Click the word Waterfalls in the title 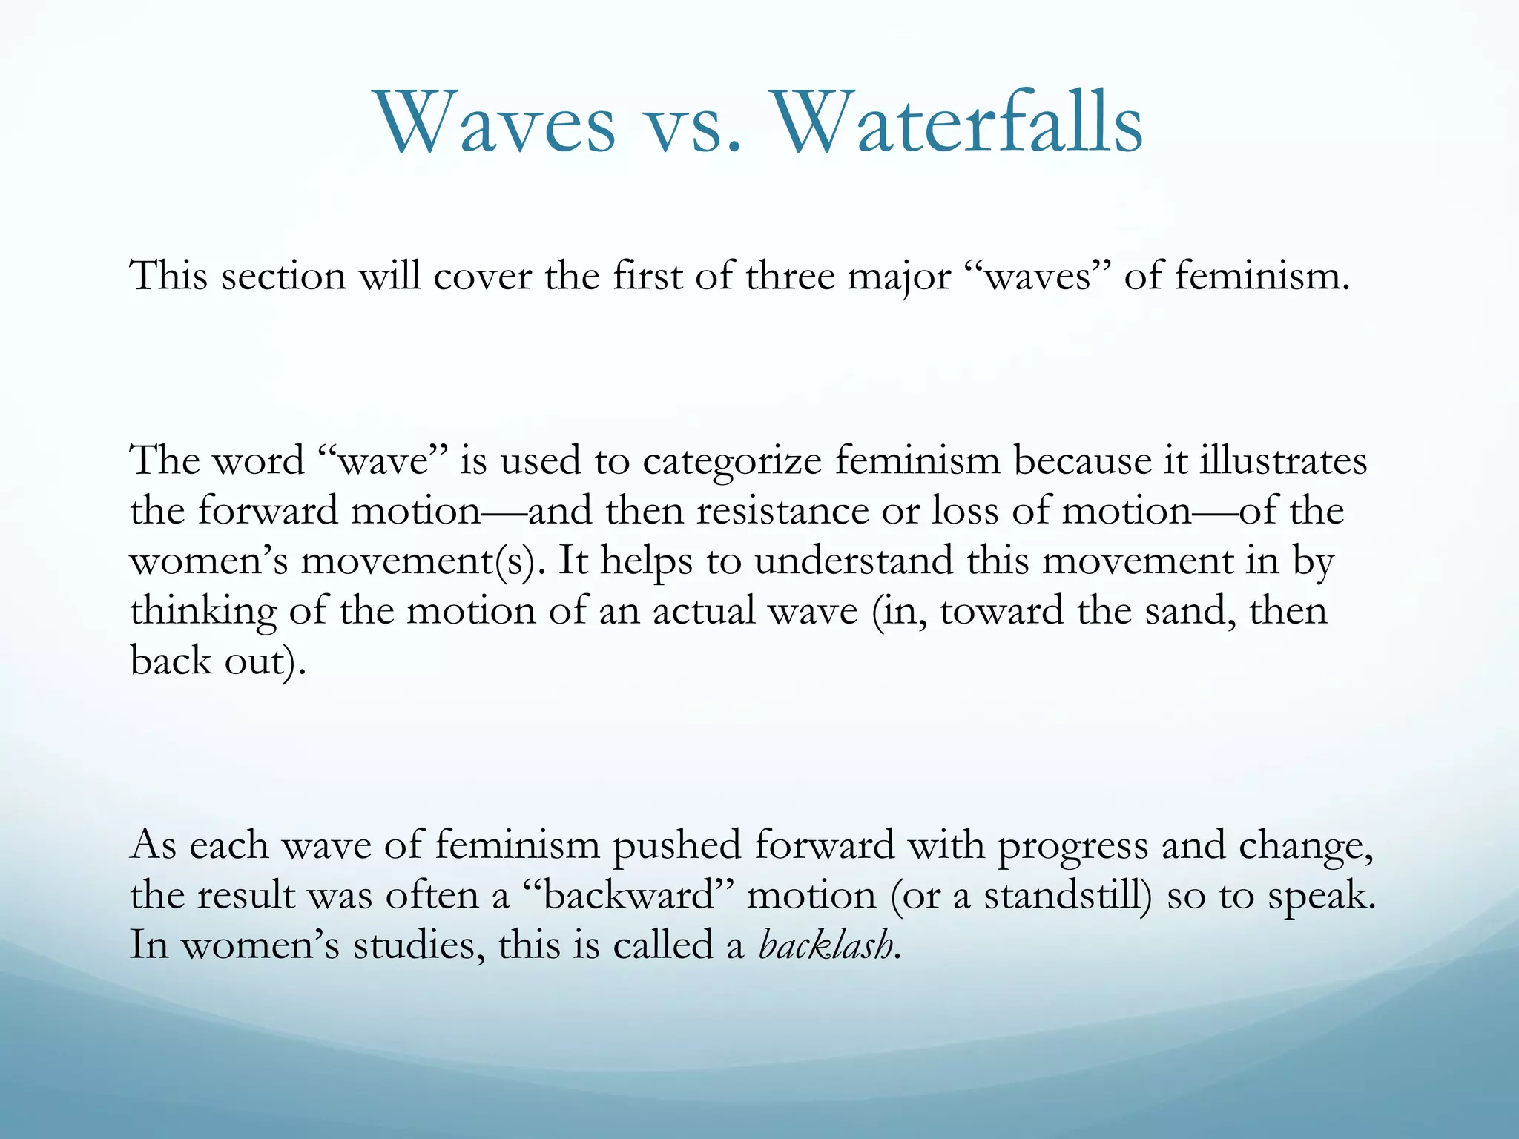tap(957, 123)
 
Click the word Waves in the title tap(495, 123)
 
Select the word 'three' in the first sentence tap(789, 276)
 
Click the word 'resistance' tap(782, 511)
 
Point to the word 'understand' tap(853, 561)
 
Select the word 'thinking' tap(202, 613)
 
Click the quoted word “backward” tap(629, 896)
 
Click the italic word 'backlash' tap(827, 945)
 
